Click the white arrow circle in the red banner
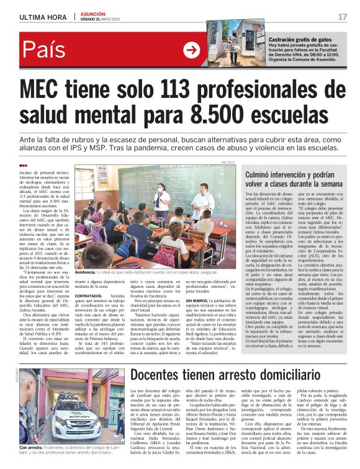click(x=192, y=50)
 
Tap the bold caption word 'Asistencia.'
click(x=87, y=271)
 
